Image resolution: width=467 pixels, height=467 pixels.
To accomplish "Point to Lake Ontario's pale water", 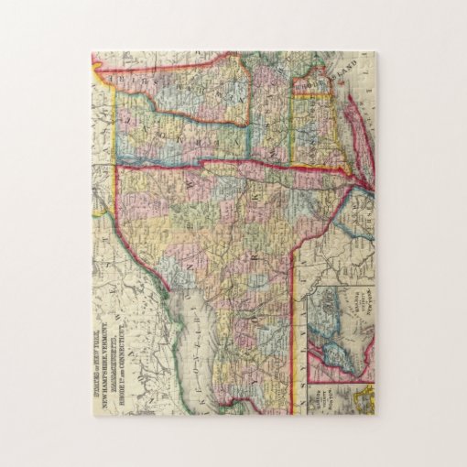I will coord(197,339).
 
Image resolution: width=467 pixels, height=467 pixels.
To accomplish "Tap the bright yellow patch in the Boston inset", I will coord(364,399).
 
